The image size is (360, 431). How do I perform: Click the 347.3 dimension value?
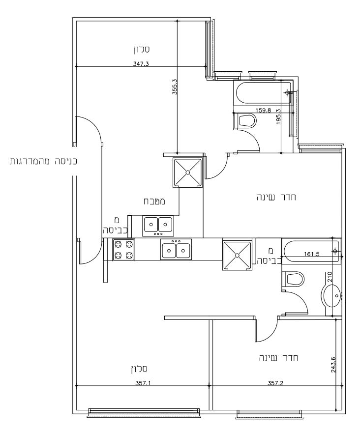(x=141, y=63)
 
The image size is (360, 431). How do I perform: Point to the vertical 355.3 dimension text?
(x=174, y=87)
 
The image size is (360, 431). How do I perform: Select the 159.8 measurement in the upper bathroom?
(x=263, y=110)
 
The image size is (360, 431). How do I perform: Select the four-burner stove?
(x=123, y=250)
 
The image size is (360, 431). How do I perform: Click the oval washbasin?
(x=333, y=296)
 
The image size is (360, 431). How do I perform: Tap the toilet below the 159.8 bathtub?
(x=246, y=121)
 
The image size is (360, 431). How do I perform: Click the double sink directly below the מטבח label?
(x=158, y=225)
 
